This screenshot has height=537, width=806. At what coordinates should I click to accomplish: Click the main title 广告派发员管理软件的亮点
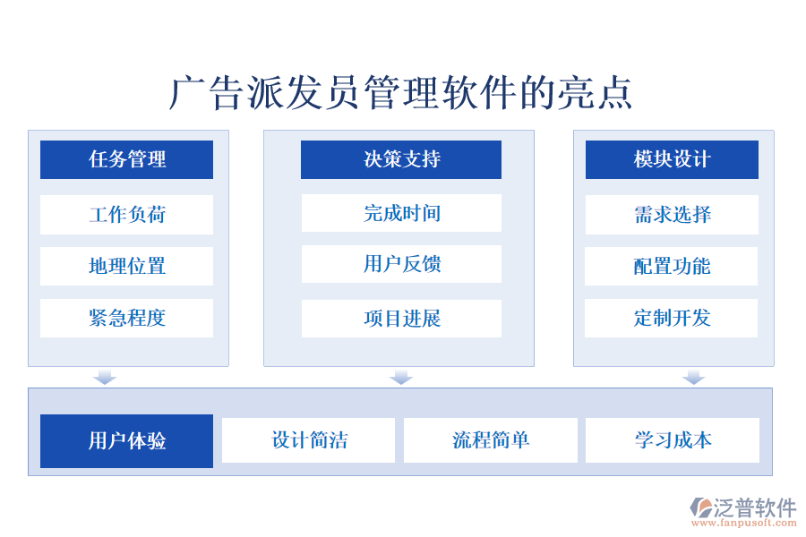(x=401, y=93)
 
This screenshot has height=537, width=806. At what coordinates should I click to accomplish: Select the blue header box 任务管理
(x=126, y=159)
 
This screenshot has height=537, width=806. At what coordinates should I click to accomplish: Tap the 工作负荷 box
(x=126, y=215)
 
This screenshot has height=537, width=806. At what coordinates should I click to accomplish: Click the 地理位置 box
(x=126, y=266)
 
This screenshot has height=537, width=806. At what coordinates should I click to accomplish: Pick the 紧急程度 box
(x=126, y=318)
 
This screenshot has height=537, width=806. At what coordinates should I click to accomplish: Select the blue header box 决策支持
(x=401, y=159)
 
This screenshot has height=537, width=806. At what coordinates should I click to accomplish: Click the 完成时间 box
(x=401, y=213)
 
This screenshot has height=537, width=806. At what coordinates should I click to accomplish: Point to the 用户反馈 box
(x=401, y=264)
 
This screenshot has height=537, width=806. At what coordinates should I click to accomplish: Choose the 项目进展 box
(x=401, y=319)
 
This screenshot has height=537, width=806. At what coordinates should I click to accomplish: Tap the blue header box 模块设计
(x=672, y=159)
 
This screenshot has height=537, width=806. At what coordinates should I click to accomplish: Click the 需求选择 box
(x=672, y=215)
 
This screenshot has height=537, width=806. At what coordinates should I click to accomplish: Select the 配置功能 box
(x=672, y=266)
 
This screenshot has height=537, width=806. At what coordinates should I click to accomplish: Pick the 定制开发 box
(x=672, y=318)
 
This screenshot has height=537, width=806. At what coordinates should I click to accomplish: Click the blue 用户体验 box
(x=126, y=440)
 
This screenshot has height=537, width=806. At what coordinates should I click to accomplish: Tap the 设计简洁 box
(x=308, y=440)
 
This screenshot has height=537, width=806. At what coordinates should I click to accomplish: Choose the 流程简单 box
(x=491, y=440)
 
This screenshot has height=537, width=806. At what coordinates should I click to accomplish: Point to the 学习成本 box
(x=673, y=440)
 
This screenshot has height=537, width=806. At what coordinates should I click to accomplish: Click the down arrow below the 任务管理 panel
(x=105, y=377)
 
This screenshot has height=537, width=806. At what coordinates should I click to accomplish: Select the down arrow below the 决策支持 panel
(x=401, y=377)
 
